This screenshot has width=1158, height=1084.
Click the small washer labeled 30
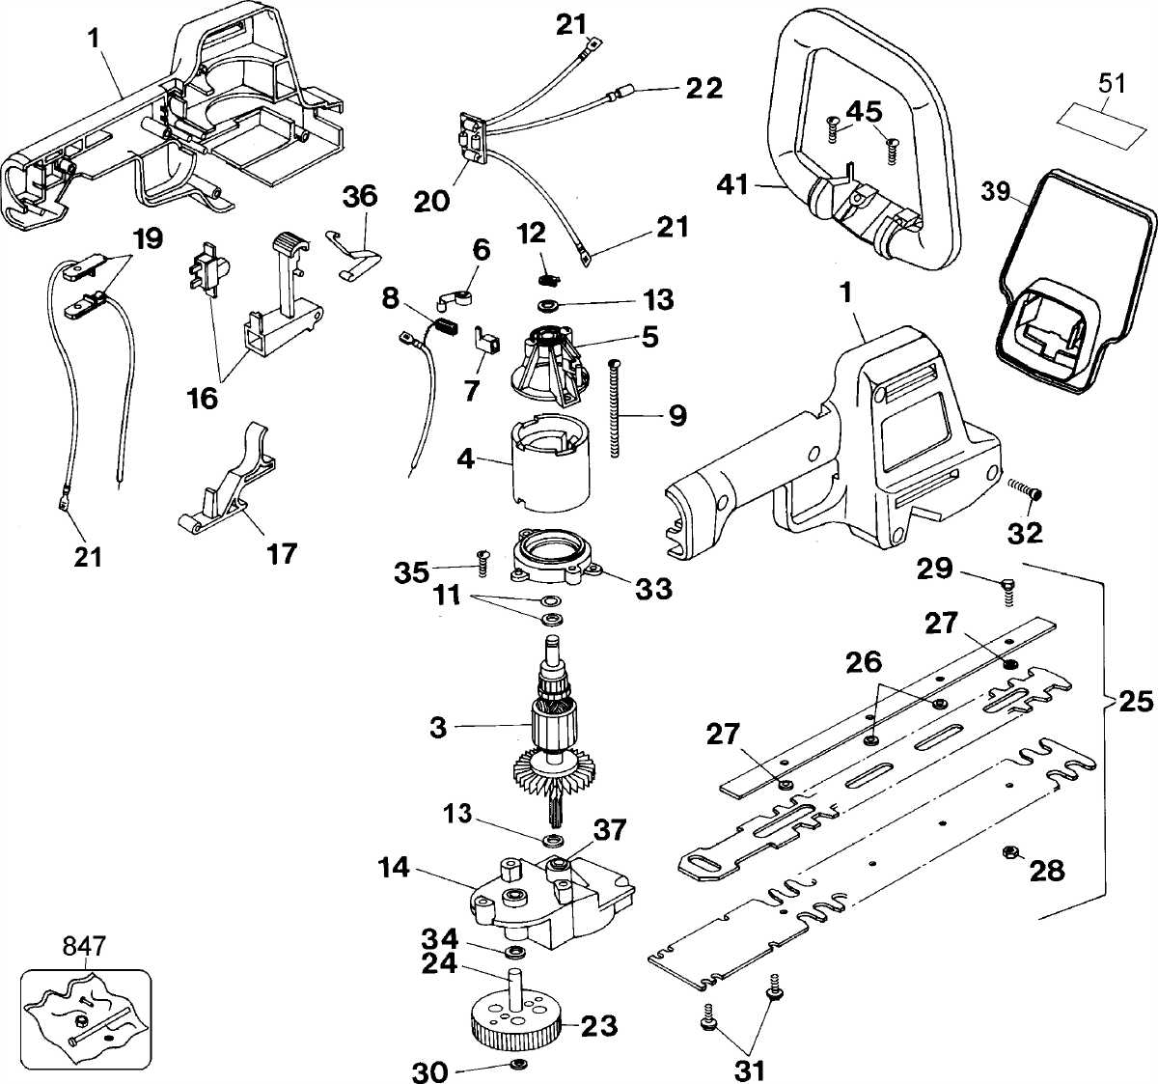pyautogui.click(x=516, y=1064)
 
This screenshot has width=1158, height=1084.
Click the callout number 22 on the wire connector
pyautogui.click(x=704, y=88)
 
